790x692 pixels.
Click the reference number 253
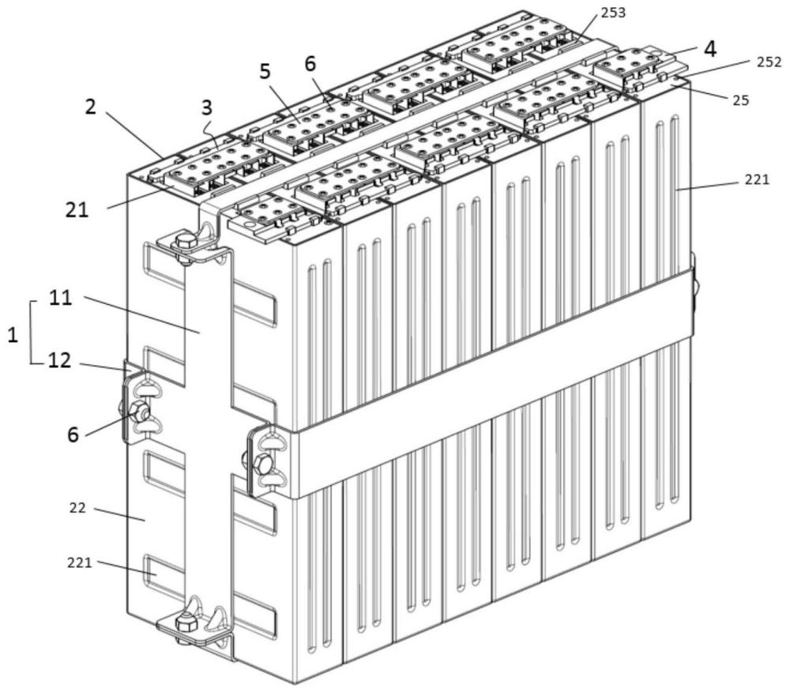[614, 13]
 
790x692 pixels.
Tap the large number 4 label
[710, 49]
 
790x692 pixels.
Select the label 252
[769, 62]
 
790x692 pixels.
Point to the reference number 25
[741, 100]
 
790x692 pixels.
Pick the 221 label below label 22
[80, 562]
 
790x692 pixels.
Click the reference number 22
[77, 508]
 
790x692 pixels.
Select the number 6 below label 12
[73, 434]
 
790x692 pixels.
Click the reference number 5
[265, 72]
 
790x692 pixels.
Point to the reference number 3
[207, 107]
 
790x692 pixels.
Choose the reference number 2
[90, 107]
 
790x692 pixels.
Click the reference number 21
[77, 209]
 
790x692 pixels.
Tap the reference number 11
[61, 298]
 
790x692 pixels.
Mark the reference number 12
[59, 360]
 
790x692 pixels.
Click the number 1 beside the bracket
[13, 335]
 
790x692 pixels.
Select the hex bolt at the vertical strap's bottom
[186, 625]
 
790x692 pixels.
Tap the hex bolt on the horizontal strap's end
[263, 463]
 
